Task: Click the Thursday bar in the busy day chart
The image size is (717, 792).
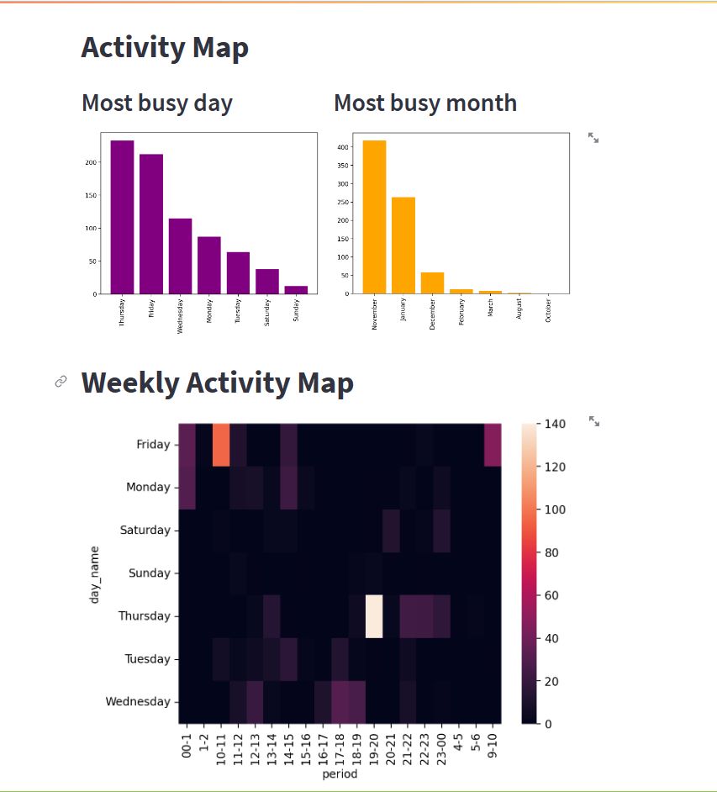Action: point(122,217)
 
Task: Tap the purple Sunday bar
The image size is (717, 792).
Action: point(296,289)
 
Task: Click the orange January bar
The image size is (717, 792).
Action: point(403,246)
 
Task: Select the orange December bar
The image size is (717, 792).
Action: point(432,283)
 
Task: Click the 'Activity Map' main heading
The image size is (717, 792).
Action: point(165,48)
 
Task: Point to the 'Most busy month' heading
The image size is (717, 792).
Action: point(424,103)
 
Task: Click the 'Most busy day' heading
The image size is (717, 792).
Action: point(157,103)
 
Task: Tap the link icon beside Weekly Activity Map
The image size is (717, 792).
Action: point(61,382)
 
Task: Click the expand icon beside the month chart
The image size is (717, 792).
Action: point(593,137)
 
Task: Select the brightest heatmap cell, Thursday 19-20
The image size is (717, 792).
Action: point(374,616)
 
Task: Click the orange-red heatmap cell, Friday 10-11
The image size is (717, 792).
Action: point(221,445)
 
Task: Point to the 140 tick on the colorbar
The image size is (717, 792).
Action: point(556,424)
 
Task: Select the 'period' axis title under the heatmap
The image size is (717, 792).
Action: point(340,774)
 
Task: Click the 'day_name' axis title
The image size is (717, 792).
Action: point(96,573)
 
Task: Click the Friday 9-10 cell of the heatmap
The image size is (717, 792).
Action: point(493,445)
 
